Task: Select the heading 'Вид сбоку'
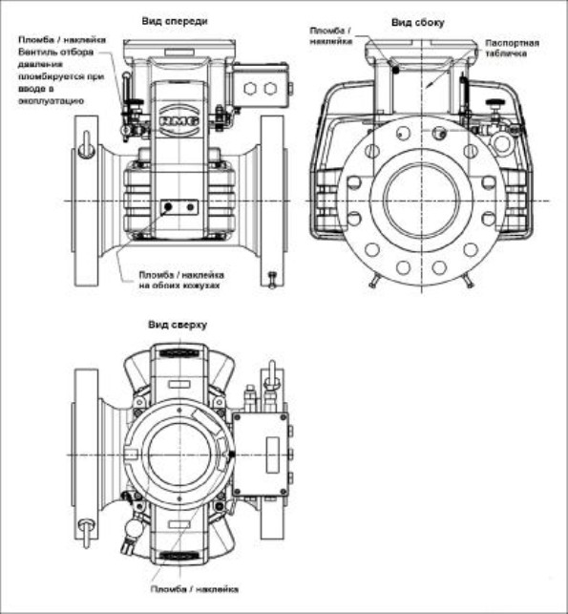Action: tap(418, 20)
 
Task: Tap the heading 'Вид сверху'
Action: tap(177, 325)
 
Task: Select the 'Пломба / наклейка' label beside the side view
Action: tap(331, 36)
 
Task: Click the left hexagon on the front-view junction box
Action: tap(251, 90)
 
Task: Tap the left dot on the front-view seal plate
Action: tap(169, 206)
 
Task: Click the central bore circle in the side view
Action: tap(421, 201)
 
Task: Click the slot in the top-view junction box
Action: tap(272, 447)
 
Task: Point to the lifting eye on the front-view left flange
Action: tap(84, 139)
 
